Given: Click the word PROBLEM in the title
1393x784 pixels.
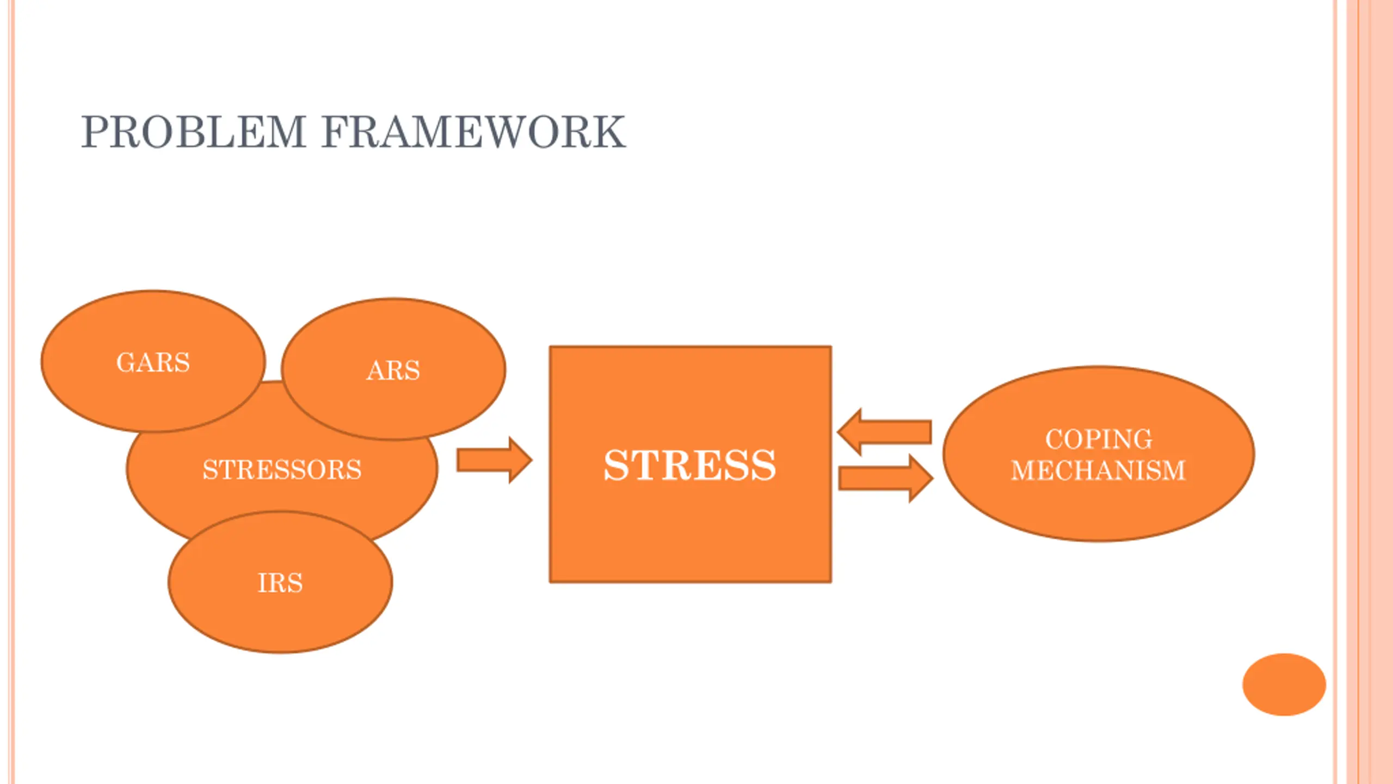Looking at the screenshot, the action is [193, 132].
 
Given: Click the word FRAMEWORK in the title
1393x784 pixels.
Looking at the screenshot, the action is [473, 132].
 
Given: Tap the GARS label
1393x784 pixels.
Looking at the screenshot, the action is [153, 363].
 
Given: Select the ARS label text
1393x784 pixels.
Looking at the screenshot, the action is [393, 371].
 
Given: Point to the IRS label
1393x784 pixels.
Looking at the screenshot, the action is [280, 583].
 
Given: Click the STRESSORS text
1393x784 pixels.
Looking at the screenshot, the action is [282, 470].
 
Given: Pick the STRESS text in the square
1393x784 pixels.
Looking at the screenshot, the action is [690, 465].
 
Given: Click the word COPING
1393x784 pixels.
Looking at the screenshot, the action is [1099, 439].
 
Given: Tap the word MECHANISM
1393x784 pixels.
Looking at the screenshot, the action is [1098, 471].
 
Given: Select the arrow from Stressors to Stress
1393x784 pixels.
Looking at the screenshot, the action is [494, 460].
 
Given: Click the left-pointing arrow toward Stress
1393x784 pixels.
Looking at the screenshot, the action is [884, 432].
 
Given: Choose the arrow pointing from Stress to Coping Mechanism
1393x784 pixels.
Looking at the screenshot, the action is [886, 479].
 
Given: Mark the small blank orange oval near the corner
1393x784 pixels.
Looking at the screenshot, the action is [1284, 684].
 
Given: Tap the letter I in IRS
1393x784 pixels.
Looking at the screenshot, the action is [262, 583].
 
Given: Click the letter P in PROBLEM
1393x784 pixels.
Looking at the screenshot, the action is [95, 132].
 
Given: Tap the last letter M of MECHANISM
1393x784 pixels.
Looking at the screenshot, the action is [1173, 471].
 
